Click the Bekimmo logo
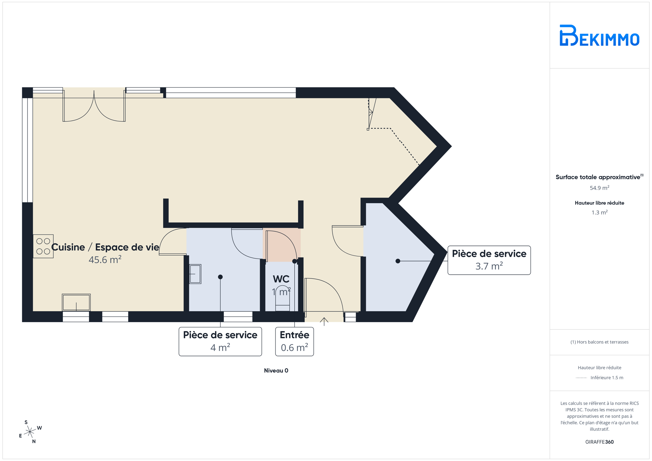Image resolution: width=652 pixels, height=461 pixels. click(599, 35)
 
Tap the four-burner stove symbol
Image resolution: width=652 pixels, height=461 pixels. click(43, 246)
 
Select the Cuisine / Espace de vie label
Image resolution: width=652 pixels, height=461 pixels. click(105, 247)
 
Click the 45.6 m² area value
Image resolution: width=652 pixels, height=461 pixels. click(105, 259)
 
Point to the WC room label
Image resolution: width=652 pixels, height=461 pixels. click(281, 279)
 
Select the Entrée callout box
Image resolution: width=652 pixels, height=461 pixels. click(294, 341)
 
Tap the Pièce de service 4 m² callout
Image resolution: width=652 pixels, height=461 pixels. click(220, 341)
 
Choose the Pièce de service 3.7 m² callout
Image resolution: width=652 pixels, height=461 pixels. click(489, 260)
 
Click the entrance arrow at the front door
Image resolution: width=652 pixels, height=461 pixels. click(324, 321)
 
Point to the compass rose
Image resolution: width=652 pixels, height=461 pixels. click(30, 432)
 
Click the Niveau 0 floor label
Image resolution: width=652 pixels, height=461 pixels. click(276, 370)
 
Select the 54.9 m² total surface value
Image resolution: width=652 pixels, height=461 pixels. click(599, 188)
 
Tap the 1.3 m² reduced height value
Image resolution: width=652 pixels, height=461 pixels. click(599, 213)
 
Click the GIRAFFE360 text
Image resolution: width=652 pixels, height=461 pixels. click(599, 442)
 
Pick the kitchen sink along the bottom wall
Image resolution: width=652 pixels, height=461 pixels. click(76, 302)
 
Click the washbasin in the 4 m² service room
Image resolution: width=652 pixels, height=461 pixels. click(195, 274)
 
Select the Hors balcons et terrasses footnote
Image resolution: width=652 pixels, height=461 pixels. click(599, 342)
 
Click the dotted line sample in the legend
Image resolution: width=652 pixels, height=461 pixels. click(581, 378)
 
